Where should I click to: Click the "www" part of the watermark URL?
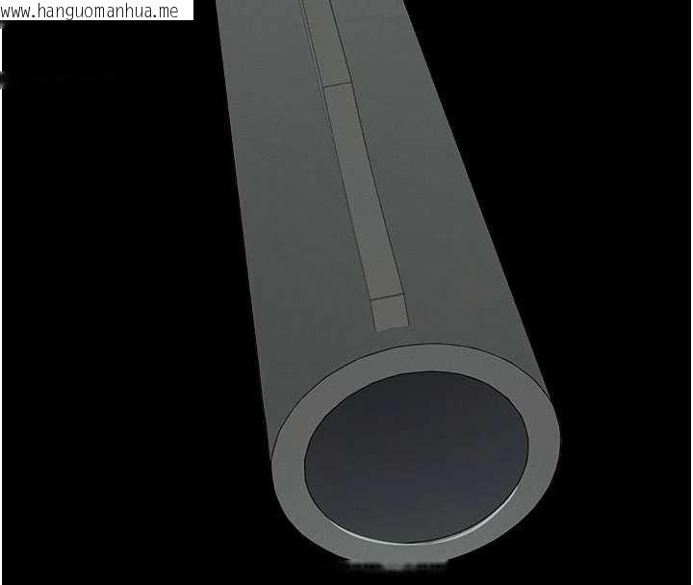click(16, 12)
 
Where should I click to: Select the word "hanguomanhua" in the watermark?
click(96, 12)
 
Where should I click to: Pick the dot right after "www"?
click(35, 16)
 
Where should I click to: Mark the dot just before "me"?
click(157, 16)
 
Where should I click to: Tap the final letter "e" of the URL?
click(174, 12)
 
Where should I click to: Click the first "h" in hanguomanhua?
click(43, 11)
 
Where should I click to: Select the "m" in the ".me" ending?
click(165, 12)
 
